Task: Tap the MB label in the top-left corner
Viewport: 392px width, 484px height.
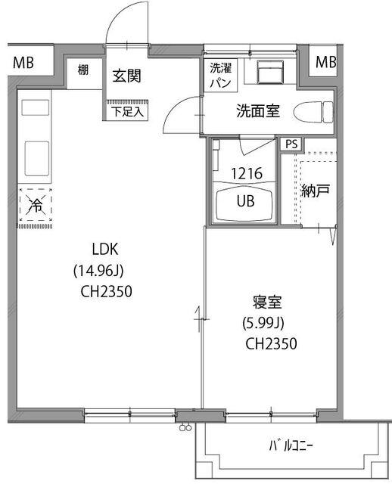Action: (x=23, y=61)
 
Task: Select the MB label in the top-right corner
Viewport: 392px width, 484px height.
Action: (x=326, y=61)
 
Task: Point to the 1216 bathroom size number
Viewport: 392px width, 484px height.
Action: (x=247, y=173)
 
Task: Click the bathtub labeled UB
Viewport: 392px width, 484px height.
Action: (x=247, y=203)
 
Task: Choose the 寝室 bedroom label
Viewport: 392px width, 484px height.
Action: (x=268, y=303)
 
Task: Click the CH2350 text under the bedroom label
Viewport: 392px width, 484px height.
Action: (x=270, y=343)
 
